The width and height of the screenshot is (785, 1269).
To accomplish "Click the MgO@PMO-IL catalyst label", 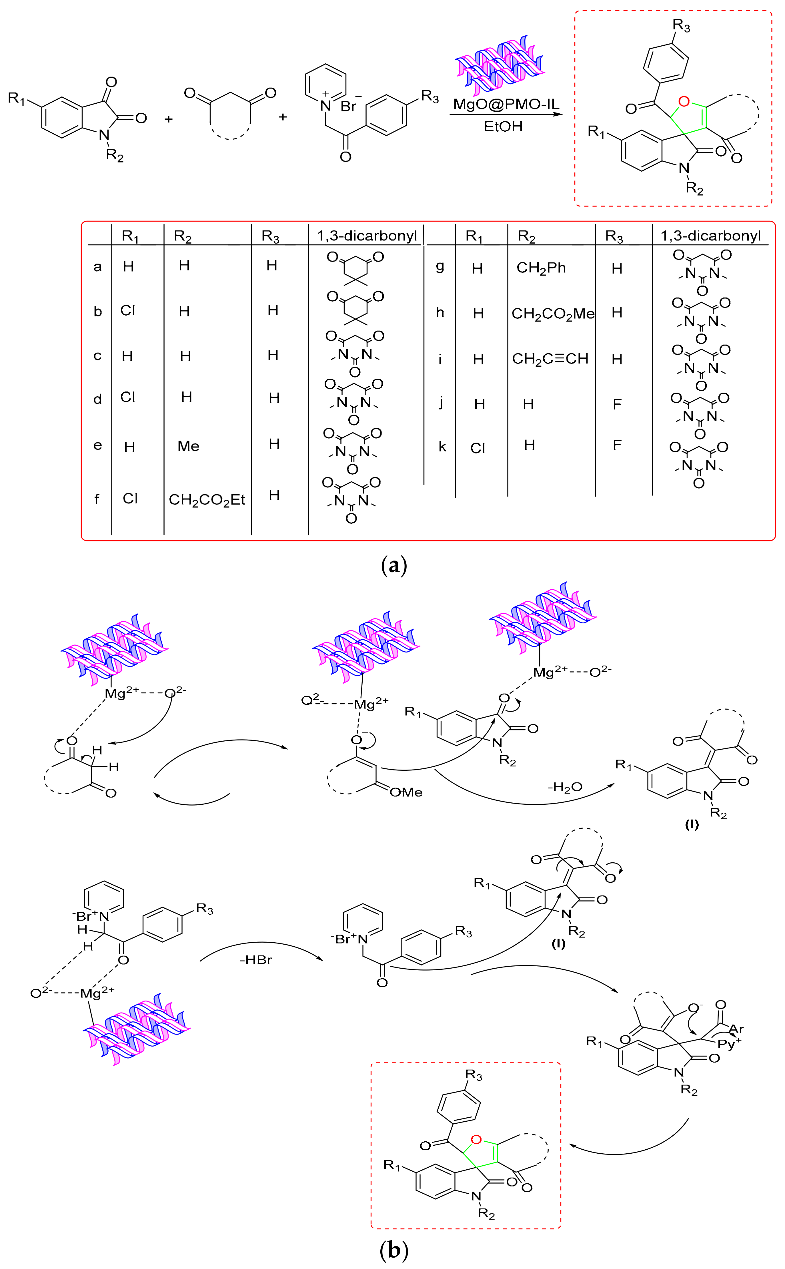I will [x=506, y=104].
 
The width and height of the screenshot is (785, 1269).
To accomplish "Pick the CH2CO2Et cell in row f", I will [x=207, y=500].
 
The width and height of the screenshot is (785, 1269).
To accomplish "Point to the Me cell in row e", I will [x=188, y=446].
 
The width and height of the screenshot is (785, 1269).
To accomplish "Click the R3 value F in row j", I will [x=617, y=404].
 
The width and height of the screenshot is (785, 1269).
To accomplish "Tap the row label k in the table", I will [x=442, y=447].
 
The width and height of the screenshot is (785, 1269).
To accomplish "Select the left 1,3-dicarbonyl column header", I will [x=367, y=236].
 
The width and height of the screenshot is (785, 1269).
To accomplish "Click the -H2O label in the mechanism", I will [x=565, y=788].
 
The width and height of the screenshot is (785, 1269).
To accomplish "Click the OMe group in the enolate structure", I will [x=407, y=792].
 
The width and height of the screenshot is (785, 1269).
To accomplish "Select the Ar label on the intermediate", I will [x=736, y=1029].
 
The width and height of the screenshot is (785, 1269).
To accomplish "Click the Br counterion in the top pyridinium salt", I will [x=348, y=106].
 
